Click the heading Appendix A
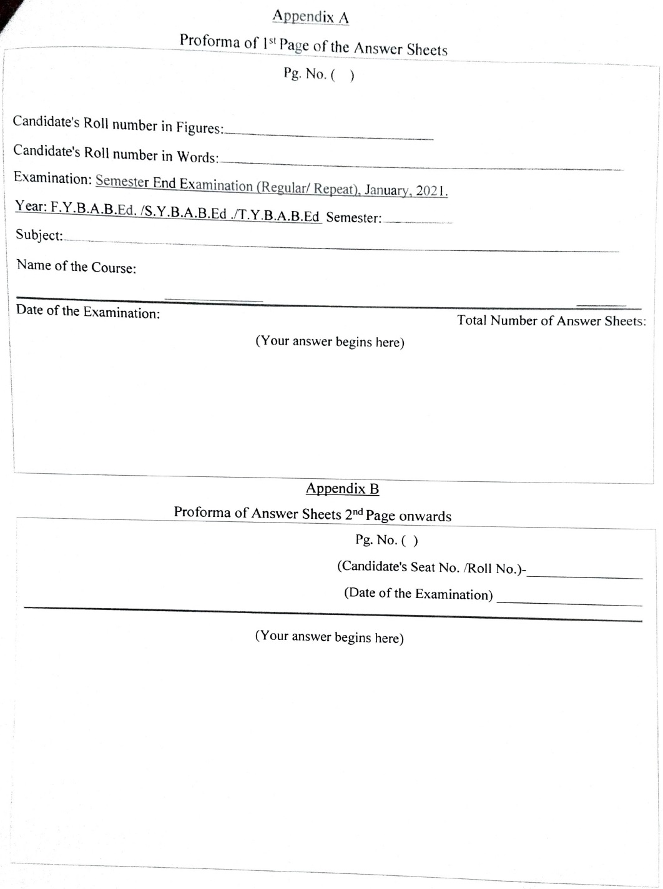(x=310, y=17)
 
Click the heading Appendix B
(x=342, y=489)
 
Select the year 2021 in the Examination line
(x=431, y=191)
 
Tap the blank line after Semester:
(x=417, y=221)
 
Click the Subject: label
(x=39, y=235)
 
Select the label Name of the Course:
(x=76, y=267)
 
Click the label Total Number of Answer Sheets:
(x=551, y=321)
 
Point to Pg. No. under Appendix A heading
(x=305, y=74)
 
